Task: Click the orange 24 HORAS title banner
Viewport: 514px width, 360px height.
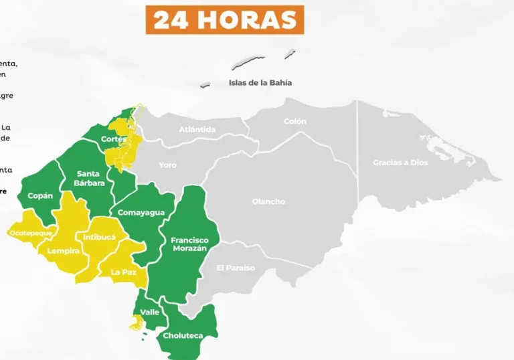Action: pyautogui.click(x=225, y=19)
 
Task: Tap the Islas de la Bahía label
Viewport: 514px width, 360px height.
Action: pyautogui.click(x=260, y=83)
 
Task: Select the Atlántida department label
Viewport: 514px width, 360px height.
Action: pyautogui.click(x=197, y=129)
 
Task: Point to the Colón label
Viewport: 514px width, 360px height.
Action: pyautogui.click(x=295, y=121)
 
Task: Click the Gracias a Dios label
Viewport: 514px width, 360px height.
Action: pyautogui.click(x=400, y=163)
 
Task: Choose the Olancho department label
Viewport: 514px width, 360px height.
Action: pyautogui.click(x=268, y=201)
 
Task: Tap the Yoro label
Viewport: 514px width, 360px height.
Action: pyautogui.click(x=168, y=165)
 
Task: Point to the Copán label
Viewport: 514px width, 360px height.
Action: pyautogui.click(x=40, y=196)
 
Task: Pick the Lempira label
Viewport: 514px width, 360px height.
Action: pyautogui.click(x=64, y=251)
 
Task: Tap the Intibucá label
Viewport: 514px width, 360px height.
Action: pyautogui.click(x=99, y=237)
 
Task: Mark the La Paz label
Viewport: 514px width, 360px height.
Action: pyautogui.click(x=124, y=272)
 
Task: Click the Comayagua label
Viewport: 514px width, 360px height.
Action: pyautogui.click(x=141, y=213)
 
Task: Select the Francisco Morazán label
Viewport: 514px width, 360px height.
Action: pyautogui.click(x=189, y=244)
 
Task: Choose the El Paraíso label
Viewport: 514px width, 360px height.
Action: pyautogui.click(x=236, y=268)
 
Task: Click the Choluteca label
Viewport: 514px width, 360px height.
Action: pyautogui.click(x=183, y=335)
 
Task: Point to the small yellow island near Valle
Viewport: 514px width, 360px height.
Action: pyautogui.click(x=137, y=323)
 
